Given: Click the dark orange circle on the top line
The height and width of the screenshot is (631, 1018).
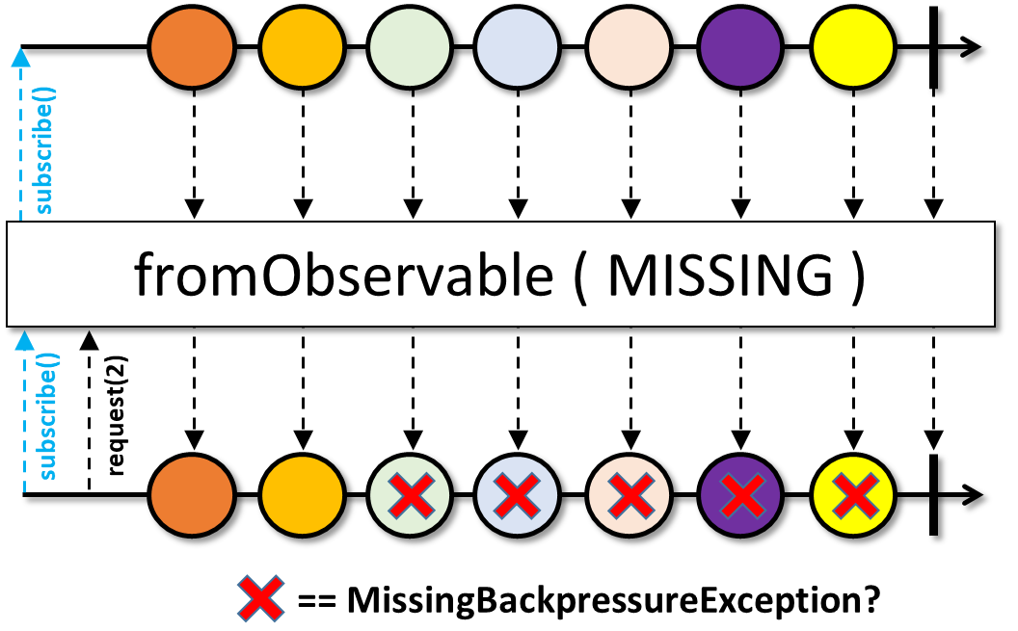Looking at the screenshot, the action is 192,46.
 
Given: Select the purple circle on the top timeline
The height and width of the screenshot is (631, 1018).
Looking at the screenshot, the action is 740,46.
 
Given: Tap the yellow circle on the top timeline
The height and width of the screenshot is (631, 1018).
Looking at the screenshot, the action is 853,46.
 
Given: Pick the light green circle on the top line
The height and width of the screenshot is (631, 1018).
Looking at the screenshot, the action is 409,46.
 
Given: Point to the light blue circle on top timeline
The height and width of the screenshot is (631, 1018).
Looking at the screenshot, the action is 517,46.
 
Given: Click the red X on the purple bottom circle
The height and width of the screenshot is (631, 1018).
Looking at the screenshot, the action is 740,495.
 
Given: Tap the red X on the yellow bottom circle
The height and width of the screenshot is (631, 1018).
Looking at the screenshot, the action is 855,495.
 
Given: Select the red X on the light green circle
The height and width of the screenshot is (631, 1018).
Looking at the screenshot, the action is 411,495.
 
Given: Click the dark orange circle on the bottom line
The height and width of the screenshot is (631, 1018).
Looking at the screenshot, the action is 192,495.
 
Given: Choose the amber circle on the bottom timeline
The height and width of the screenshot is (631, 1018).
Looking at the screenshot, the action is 302,495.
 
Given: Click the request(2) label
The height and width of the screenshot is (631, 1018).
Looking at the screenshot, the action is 117,416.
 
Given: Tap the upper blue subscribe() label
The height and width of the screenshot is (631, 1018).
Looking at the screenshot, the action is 43,150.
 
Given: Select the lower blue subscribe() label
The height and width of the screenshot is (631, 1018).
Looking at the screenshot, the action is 46,416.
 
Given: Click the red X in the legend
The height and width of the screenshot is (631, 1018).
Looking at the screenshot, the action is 260,598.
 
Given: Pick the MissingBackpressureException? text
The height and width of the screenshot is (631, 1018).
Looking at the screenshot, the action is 613,600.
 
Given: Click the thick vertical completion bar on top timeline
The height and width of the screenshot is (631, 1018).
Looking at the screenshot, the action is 933,46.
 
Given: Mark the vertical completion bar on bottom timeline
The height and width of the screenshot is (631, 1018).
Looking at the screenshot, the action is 933,495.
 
